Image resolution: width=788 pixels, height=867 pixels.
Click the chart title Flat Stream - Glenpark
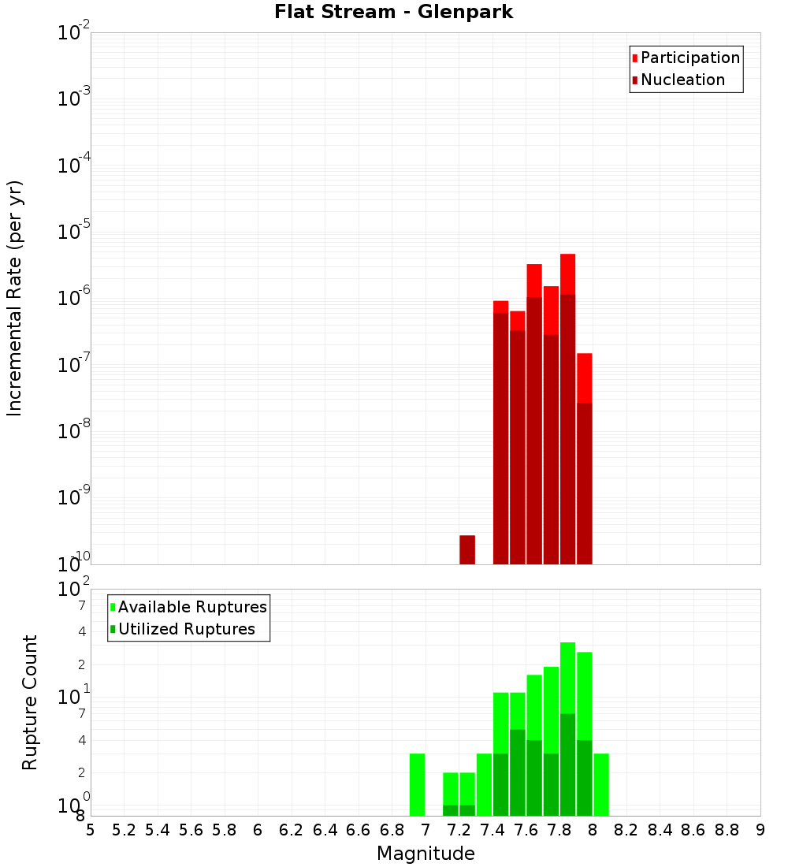point(394,13)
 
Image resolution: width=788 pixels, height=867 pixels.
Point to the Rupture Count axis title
point(30,702)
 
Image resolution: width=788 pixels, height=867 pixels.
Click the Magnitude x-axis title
point(426,854)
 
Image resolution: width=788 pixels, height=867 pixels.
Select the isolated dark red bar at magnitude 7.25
point(467,549)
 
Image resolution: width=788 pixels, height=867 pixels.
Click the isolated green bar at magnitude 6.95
point(417,784)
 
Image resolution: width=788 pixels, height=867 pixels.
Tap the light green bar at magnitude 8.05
point(601,784)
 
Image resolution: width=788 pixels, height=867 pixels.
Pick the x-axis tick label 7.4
point(492,830)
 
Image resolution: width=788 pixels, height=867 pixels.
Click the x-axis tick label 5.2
point(125,830)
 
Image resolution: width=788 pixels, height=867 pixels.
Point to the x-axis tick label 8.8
point(727,830)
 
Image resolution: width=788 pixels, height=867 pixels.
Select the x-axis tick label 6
point(258,830)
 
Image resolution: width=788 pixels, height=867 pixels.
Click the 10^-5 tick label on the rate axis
point(73,232)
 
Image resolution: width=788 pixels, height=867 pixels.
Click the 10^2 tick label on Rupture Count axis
point(73,590)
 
